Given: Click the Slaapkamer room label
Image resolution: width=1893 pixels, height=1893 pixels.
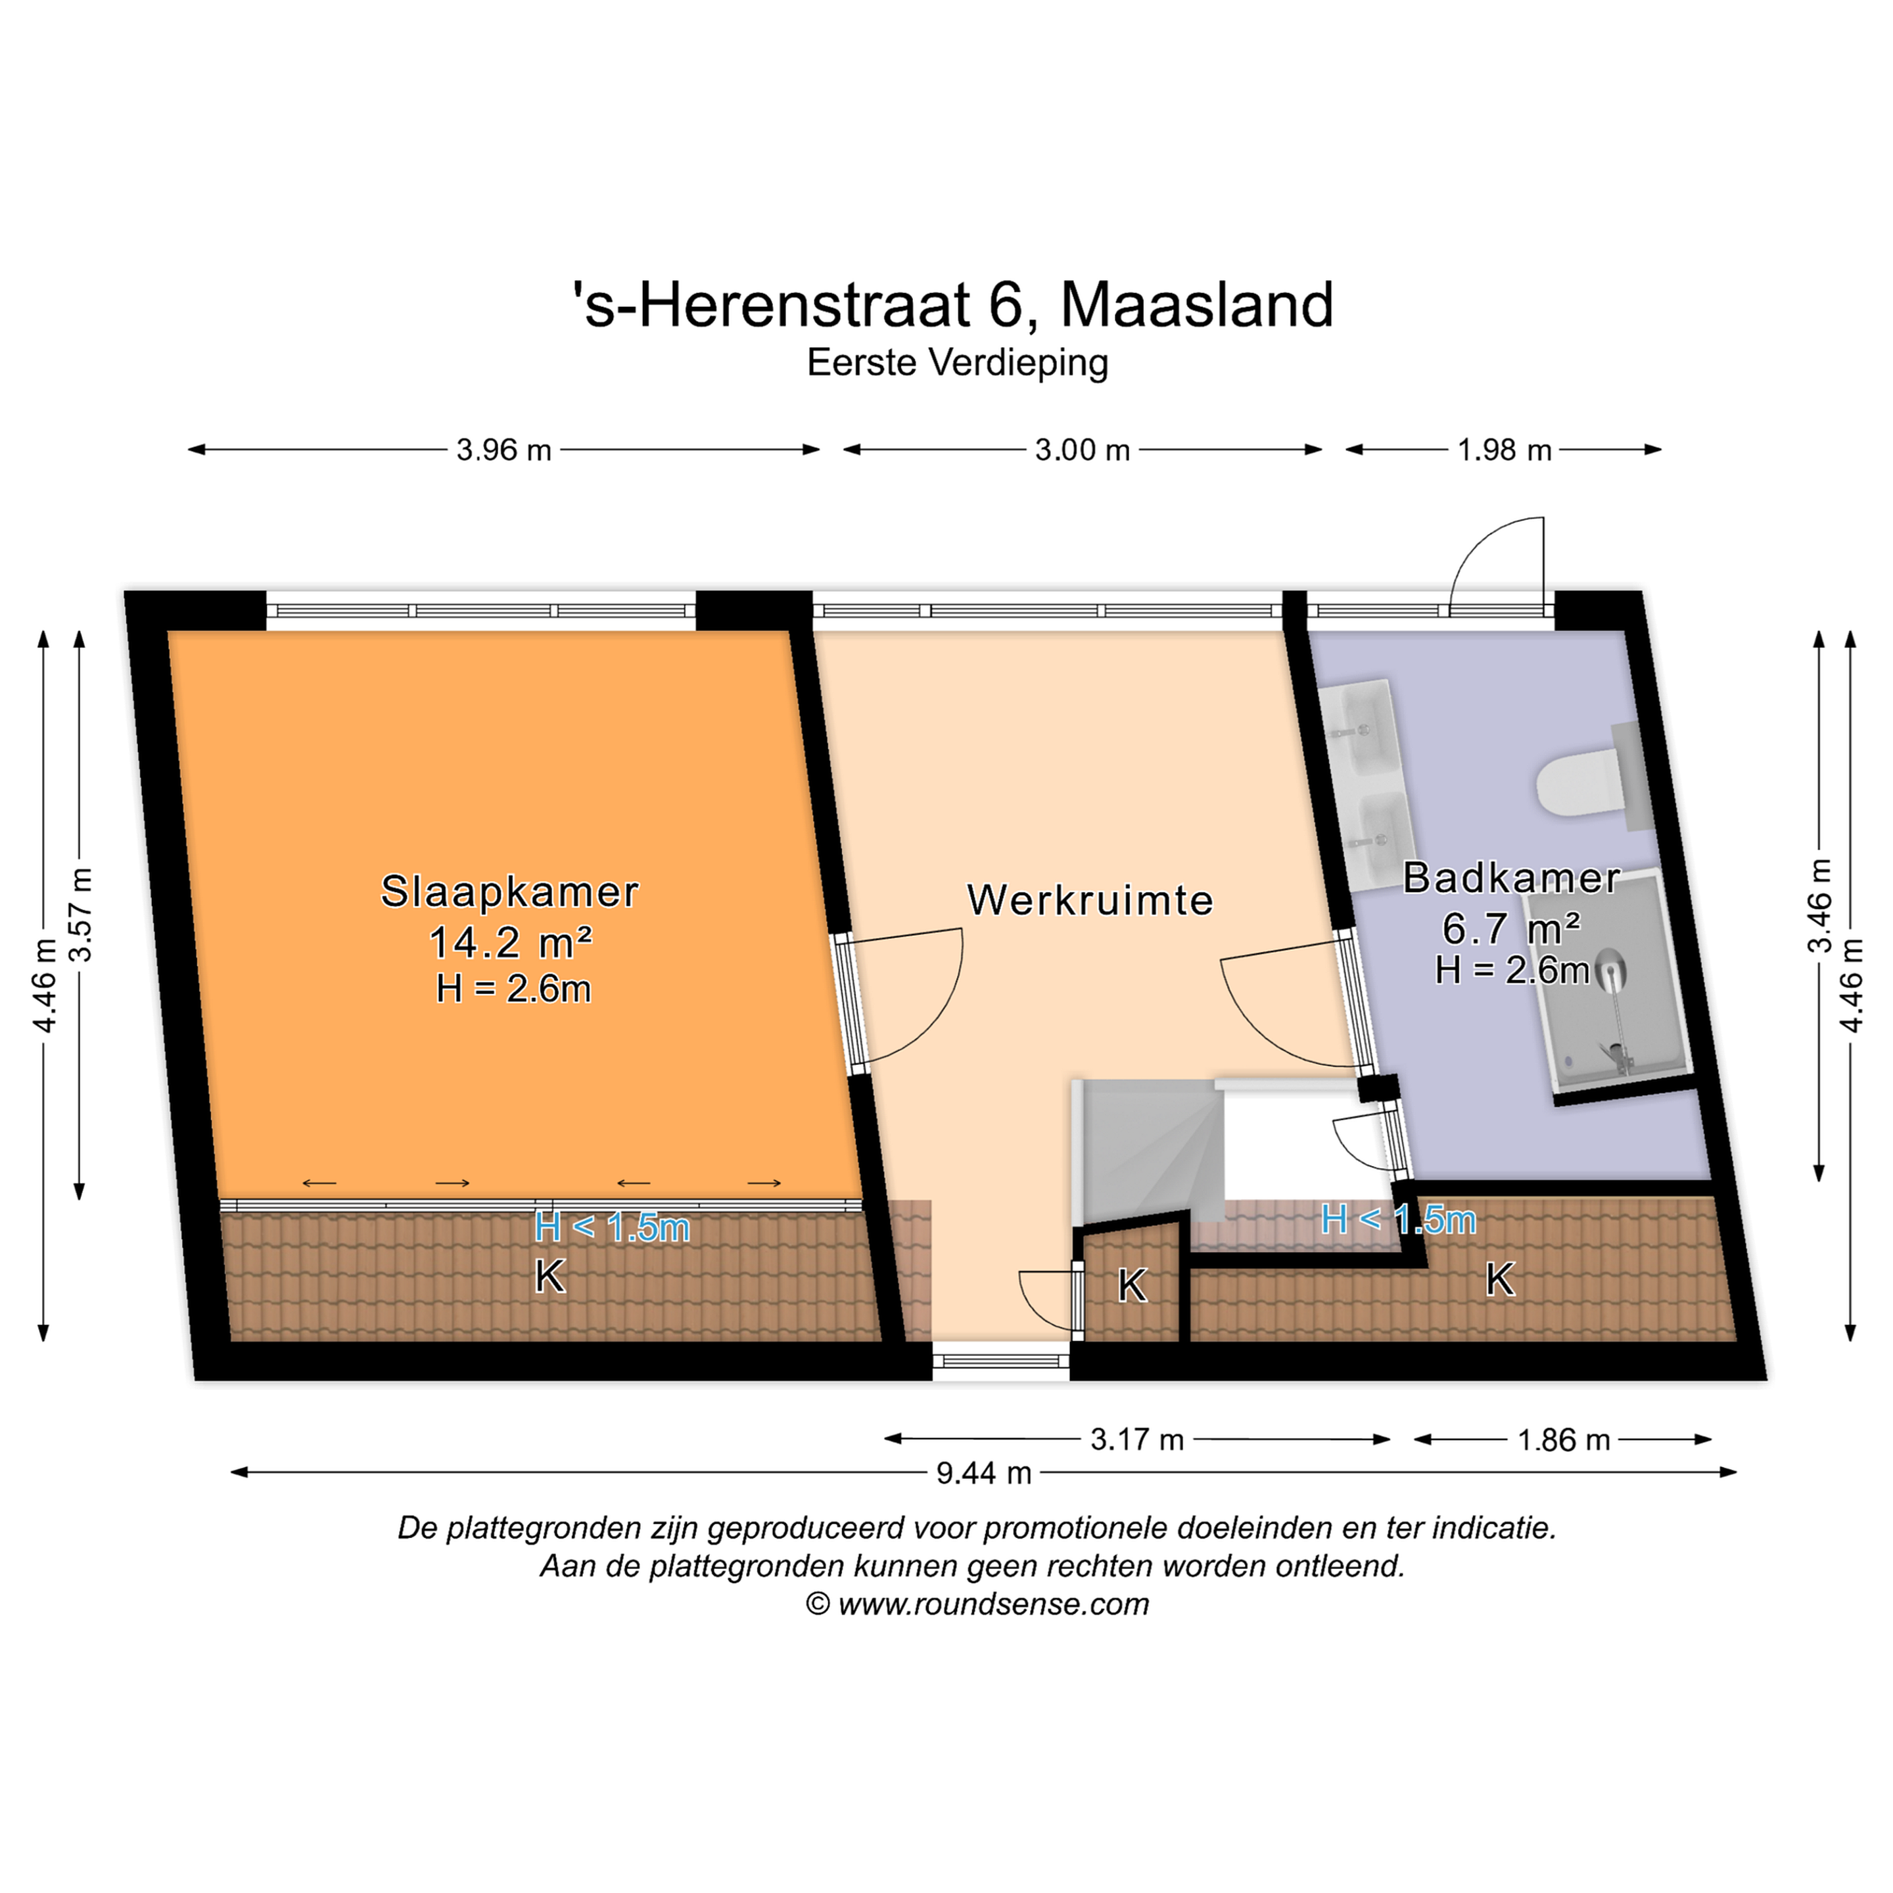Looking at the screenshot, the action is tap(509, 892).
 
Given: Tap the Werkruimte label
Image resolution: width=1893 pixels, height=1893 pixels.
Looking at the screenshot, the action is tap(1090, 899).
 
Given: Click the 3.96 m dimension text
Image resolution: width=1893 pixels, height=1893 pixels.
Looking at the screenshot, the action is tap(503, 450).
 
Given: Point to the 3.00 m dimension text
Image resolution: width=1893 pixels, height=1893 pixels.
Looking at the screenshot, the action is tap(1083, 450).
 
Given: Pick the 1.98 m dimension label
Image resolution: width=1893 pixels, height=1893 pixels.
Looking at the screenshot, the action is tap(1504, 450).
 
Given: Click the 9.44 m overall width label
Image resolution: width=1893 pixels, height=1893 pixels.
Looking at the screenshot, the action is tap(984, 1472).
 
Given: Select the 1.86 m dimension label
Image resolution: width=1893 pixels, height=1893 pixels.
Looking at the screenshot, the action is tap(1564, 1439).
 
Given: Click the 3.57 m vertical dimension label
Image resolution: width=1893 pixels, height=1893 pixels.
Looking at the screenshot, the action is tap(82, 914).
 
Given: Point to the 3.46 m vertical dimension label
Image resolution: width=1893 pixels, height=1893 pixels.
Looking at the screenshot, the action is tap(1819, 905).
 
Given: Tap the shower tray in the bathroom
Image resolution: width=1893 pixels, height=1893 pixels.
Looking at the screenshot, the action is tap(1619, 985).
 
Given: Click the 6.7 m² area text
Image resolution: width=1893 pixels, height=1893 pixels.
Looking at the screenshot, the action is tap(1512, 926).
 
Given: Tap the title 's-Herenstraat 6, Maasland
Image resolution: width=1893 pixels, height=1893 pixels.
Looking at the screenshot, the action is tap(952, 305).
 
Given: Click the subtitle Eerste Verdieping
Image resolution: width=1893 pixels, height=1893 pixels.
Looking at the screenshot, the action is tap(957, 363).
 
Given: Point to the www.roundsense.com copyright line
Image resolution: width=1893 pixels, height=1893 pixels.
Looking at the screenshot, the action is tap(977, 1604).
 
